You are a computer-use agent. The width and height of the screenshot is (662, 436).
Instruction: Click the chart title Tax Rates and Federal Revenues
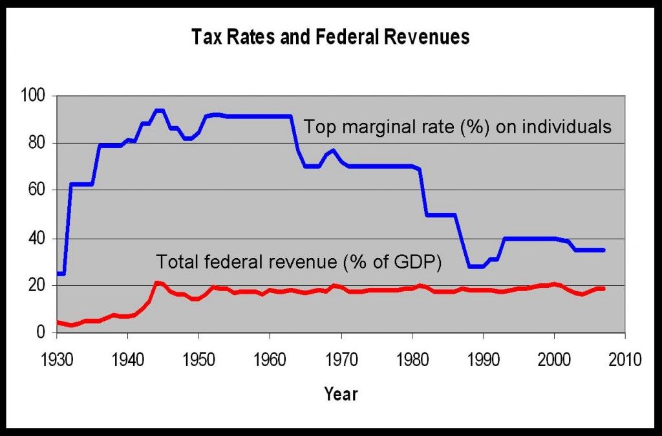tap(330, 38)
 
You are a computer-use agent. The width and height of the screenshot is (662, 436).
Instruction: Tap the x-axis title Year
tap(341, 393)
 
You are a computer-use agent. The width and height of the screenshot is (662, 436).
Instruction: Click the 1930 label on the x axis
tap(57, 360)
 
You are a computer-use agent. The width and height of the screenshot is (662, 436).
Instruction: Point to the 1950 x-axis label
tap(198, 360)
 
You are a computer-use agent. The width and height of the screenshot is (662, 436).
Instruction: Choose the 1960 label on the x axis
tap(270, 360)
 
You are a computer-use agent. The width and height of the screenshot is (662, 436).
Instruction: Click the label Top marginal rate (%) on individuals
tap(458, 127)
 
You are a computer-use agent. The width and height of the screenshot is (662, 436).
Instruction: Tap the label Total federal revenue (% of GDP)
tap(298, 262)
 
